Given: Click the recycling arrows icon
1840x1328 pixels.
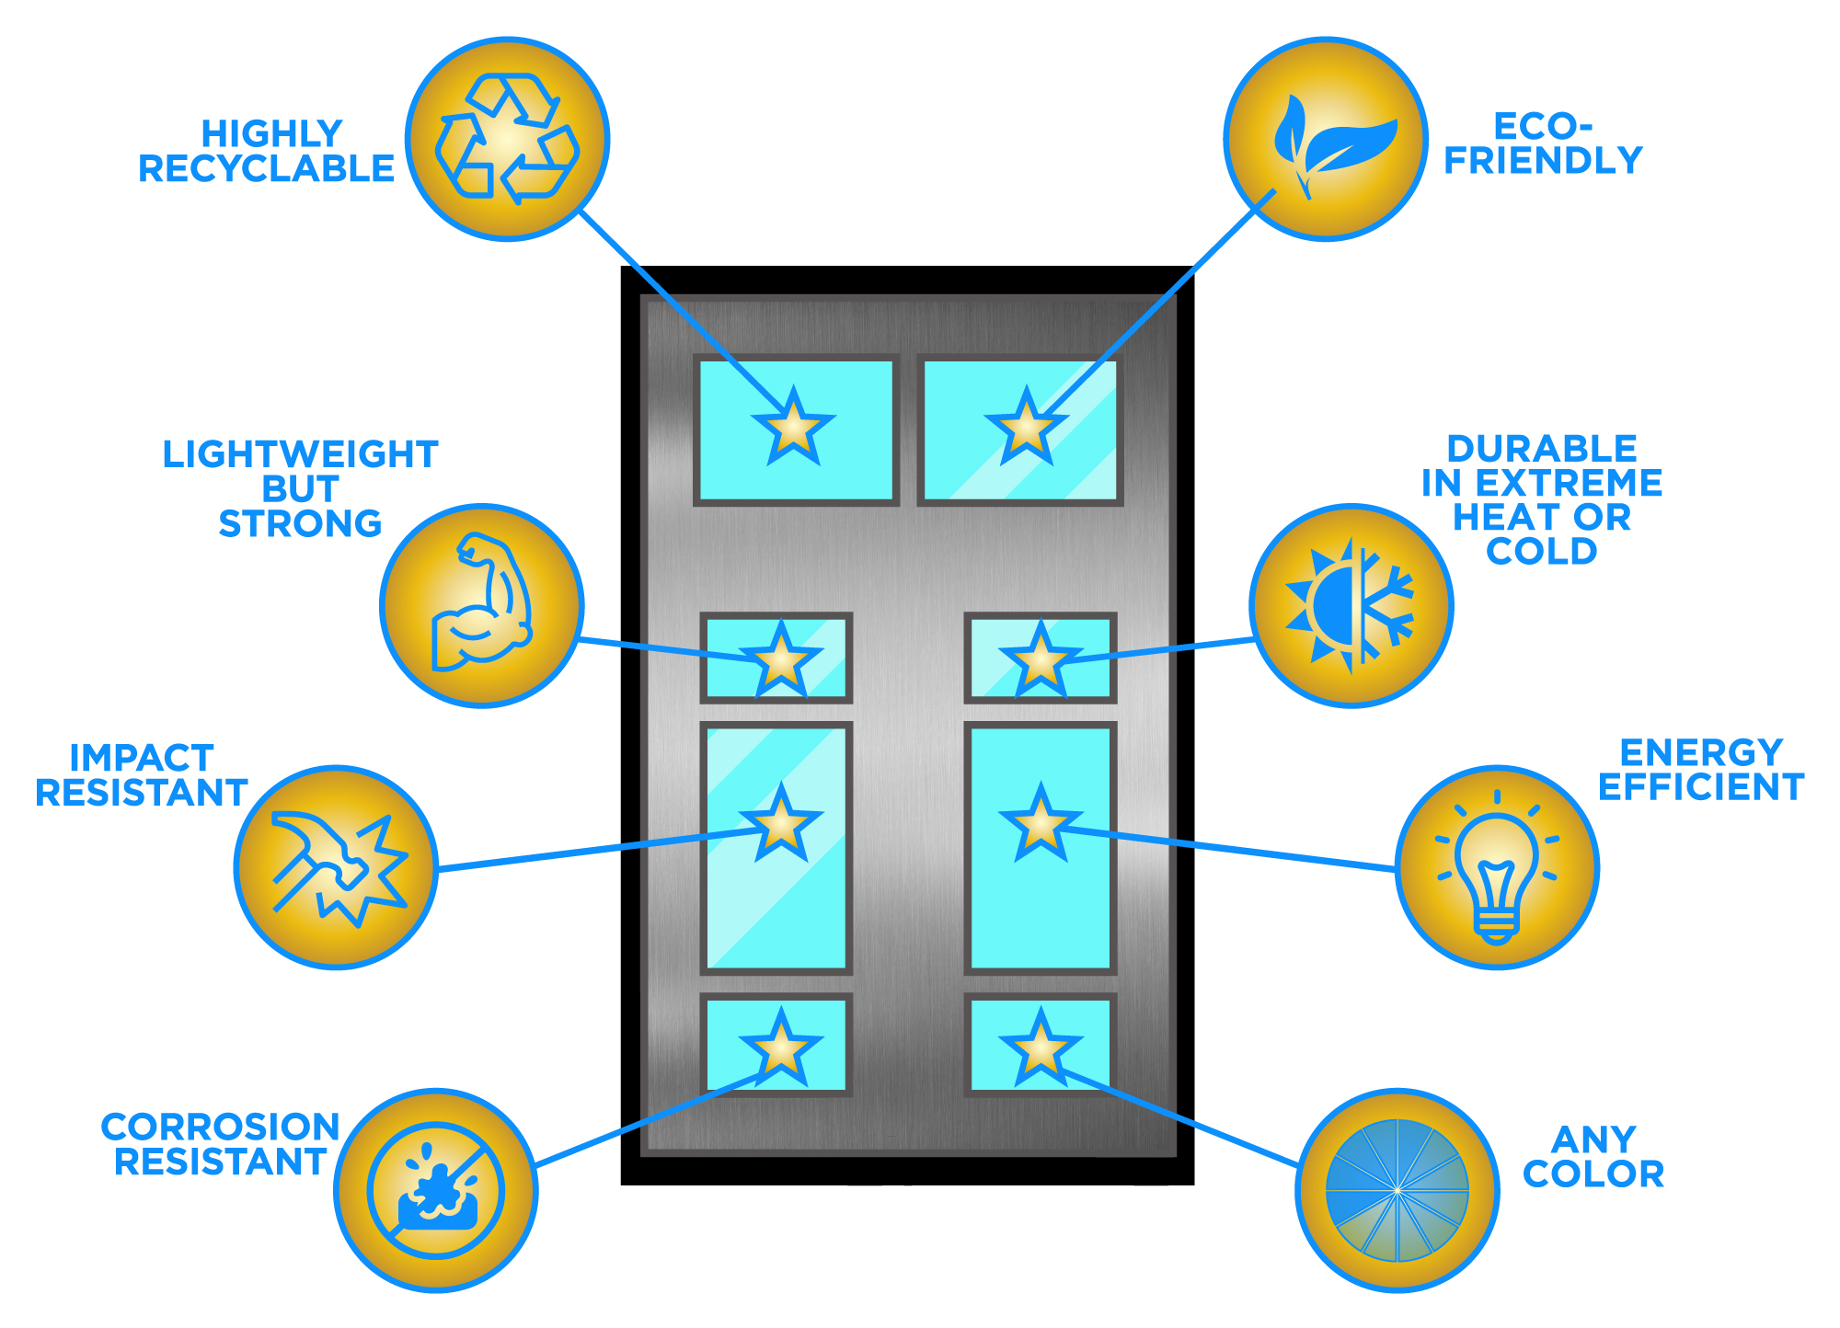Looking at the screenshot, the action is point(507,139).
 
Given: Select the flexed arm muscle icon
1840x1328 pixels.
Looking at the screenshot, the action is point(481,603).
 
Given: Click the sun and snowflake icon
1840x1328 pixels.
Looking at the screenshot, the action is point(1350,605).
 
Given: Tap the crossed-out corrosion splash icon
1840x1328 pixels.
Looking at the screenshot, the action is point(436,1190).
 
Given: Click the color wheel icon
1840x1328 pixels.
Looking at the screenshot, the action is point(1397,1190).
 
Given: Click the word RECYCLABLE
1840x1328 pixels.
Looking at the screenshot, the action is point(266,169).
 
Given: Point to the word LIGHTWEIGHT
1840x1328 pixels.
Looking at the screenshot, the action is point(300,454).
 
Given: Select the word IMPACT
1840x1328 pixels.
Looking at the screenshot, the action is point(142,758).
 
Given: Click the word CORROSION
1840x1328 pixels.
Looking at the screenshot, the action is point(221,1127).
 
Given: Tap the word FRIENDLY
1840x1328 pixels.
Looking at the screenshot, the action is point(1543,161).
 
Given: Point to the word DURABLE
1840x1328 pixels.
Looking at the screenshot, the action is point(1542,449).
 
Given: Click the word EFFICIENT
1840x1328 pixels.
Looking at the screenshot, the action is point(1701,787).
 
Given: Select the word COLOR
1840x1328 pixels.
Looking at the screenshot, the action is point(1593,1174).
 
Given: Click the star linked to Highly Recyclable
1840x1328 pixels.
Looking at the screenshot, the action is point(793,426).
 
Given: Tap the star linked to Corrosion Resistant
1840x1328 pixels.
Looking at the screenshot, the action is point(781,1047).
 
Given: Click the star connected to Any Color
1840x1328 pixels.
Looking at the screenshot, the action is point(1041,1047).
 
